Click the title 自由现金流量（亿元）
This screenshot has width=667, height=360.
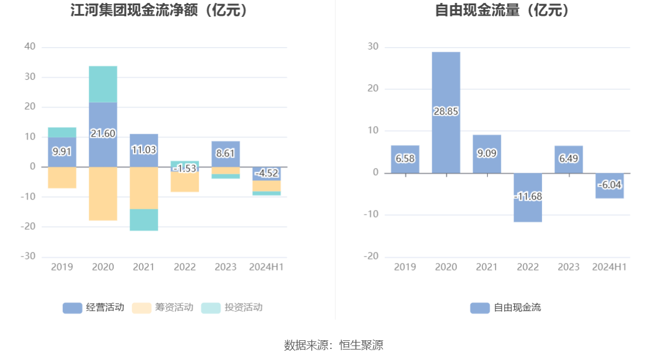503,10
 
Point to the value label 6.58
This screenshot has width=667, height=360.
405,158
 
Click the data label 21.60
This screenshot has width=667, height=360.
103,133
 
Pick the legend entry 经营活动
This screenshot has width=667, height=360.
93,308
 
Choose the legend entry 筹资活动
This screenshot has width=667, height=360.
162,308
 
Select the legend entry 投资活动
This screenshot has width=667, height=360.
231,308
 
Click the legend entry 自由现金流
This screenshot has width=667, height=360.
505,308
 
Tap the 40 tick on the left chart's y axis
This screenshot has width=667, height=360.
30,47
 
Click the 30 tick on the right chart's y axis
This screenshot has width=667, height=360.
373,47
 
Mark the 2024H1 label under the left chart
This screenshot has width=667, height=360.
266,267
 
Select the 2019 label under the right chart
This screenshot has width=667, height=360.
405,267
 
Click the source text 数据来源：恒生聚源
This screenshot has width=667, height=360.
333,345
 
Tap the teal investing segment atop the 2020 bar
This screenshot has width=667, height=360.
103,84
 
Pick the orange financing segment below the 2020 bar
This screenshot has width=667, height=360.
103,194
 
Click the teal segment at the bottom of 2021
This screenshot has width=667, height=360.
144,220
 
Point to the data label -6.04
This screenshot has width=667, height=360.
610,184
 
